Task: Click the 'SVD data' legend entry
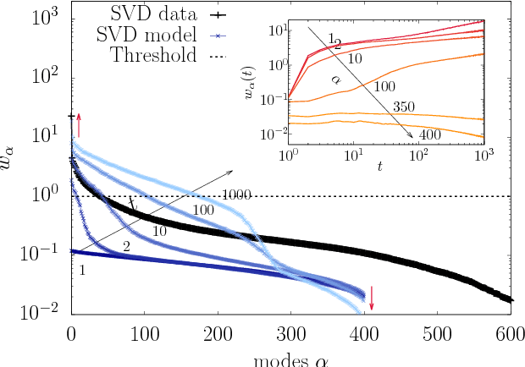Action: point(157,14)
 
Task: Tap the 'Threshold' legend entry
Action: point(157,56)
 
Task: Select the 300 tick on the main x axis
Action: point(291,331)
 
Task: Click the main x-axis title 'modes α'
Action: point(288,358)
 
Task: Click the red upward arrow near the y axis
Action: point(79,123)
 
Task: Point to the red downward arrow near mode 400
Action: point(371,297)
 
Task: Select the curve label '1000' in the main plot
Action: point(239,195)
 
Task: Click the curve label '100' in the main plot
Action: point(202,210)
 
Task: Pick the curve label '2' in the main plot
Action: point(125,246)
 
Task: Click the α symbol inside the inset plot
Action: point(334,79)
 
